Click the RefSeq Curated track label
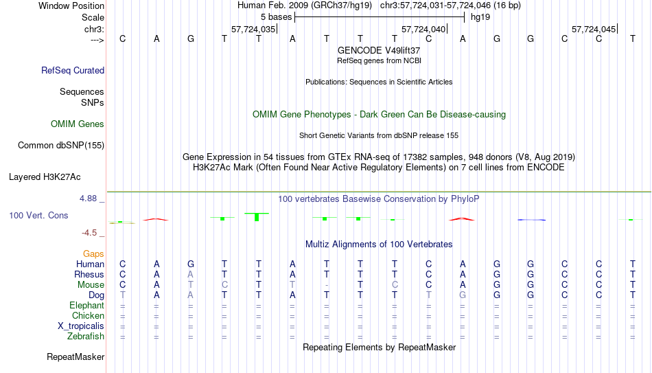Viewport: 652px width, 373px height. tap(73, 70)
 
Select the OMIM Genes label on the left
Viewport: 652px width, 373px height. tap(78, 124)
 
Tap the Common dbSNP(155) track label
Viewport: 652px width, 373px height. tap(61, 146)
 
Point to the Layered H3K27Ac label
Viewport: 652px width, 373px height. tap(45, 177)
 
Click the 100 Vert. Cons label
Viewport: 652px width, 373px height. tap(38, 215)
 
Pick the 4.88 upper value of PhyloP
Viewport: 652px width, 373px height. tap(88, 199)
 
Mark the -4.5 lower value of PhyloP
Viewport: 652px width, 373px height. tap(89, 233)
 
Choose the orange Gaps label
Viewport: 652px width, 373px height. tap(93, 254)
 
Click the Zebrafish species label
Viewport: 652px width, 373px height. tap(86, 336)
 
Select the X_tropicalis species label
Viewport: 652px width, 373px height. tap(81, 326)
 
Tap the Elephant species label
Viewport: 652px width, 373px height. tap(86, 305)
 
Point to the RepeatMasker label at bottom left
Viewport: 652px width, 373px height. tap(75, 357)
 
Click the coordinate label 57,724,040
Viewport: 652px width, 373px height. tap(423, 29)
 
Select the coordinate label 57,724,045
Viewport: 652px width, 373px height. tap(594, 29)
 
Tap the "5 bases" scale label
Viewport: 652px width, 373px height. tap(276, 17)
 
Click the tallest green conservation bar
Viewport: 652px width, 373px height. tap(257, 217)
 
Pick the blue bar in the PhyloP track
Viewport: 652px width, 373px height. tap(532, 220)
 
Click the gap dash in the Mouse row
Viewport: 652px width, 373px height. tap(327, 285)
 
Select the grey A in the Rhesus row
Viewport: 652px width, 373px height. tap(190, 274)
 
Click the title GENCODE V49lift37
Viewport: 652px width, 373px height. tap(379, 50)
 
